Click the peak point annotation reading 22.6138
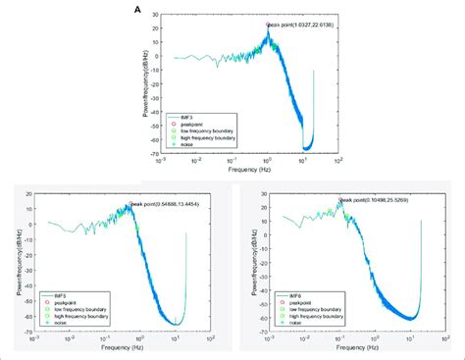click(x=299, y=26)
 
